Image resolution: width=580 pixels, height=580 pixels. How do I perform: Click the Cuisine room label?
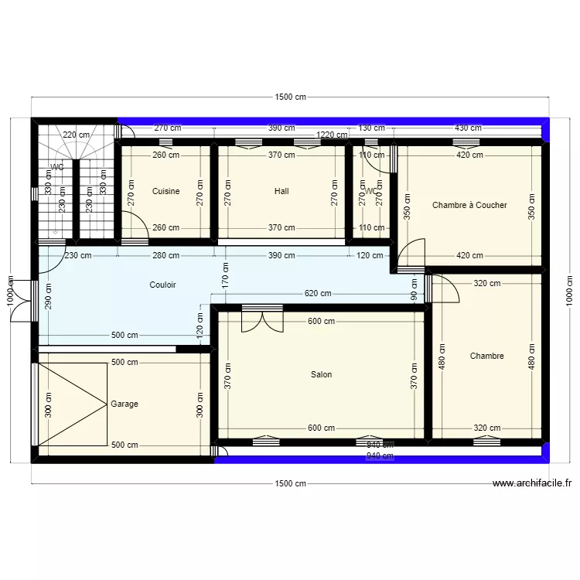[x=165, y=191]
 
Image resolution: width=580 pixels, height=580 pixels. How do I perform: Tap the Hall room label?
[x=281, y=191]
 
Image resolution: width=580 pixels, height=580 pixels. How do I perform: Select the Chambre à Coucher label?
[x=469, y=205]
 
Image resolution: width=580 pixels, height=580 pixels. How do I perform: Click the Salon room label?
[x=321, y=374]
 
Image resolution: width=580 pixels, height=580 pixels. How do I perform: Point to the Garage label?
[x=125, y=404]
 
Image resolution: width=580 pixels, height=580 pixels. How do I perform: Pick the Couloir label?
[x=162, y=285]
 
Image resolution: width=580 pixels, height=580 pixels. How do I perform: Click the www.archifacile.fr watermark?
[x=532, y=483]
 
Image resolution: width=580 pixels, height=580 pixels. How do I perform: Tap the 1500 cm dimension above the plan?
[x=290, y=97]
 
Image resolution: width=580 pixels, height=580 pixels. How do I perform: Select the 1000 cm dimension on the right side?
[x=569, y=291]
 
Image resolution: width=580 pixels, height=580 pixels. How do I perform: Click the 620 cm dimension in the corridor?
[x=317, y=294]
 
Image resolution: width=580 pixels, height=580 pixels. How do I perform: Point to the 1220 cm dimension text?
[x=333, y=135]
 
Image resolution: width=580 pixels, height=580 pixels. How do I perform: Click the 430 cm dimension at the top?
[x=467, y=128]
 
